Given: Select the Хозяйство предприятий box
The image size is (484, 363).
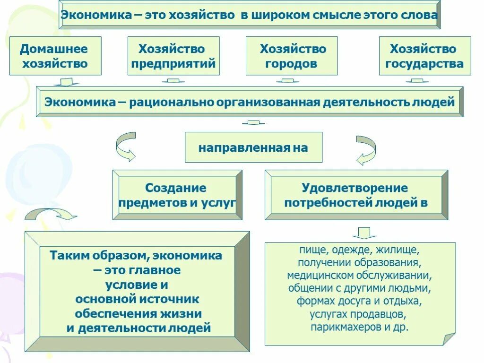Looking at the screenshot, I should pos(173,56).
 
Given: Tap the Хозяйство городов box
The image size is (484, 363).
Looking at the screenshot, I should pos(292,56).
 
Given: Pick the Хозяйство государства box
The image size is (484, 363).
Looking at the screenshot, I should pos(424,56).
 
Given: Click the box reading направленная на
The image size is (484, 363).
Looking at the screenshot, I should pos(253,147).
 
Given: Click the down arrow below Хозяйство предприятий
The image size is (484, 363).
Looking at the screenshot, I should pos(173,81).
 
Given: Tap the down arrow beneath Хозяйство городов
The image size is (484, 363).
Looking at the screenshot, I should pos(287,81).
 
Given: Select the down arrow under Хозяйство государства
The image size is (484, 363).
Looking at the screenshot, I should pos(416,81).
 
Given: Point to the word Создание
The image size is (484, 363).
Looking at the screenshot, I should pos(175,188).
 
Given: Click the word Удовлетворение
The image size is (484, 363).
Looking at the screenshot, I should pos(354,188).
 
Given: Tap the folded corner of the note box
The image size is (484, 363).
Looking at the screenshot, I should pos(449,338).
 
